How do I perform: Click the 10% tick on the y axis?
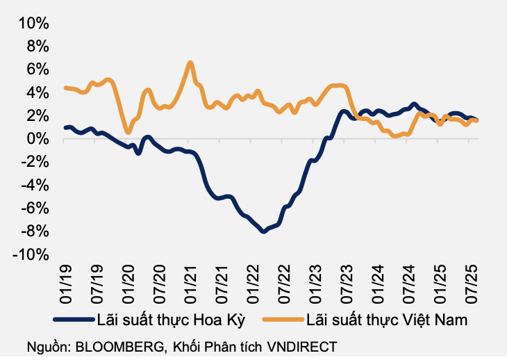(x=34, y=23)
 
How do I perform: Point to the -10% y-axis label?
(x=31, y=255)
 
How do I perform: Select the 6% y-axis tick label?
(x=38, y=69)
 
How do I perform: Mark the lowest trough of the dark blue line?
(x=263, y=231)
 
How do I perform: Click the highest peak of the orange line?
(x=190, y=63)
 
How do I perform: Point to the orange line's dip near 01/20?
(x=128, y=131)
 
